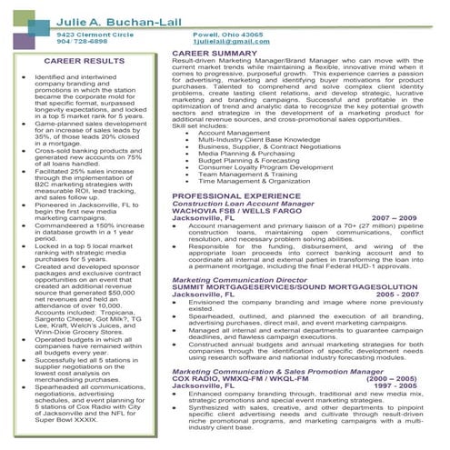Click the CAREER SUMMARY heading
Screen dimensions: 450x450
(215, 54)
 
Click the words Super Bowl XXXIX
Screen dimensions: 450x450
(62, 420)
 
